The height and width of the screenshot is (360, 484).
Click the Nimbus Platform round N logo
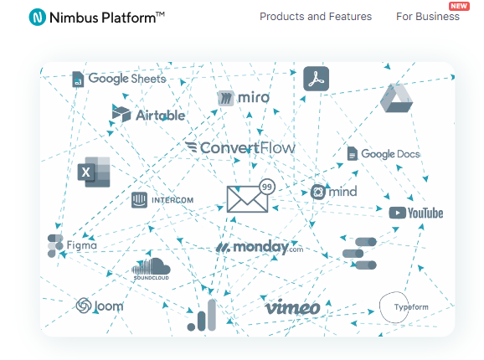point(38,18)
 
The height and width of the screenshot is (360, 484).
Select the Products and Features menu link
point(316,17)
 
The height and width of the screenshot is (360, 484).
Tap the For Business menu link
point(428,17)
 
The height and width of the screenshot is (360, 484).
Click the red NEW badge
point(459,6)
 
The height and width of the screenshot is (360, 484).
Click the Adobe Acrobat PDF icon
point(316,79)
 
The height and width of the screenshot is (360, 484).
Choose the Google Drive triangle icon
point(396,98)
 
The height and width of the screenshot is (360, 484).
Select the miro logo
point(243,98)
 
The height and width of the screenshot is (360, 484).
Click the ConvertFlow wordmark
point(240,147)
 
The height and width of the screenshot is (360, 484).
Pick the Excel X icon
point(94,172)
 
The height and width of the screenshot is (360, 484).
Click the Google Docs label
point(384,153)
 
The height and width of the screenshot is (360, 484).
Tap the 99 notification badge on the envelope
point(267,187)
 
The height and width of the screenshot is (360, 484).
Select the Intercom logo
point(162,200)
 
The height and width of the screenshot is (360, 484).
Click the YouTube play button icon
point(397,213)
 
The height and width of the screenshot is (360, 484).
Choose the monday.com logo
point(260,247)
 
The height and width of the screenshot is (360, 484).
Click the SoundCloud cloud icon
point(151,266)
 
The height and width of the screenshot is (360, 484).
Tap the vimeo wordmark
point(292,307)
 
